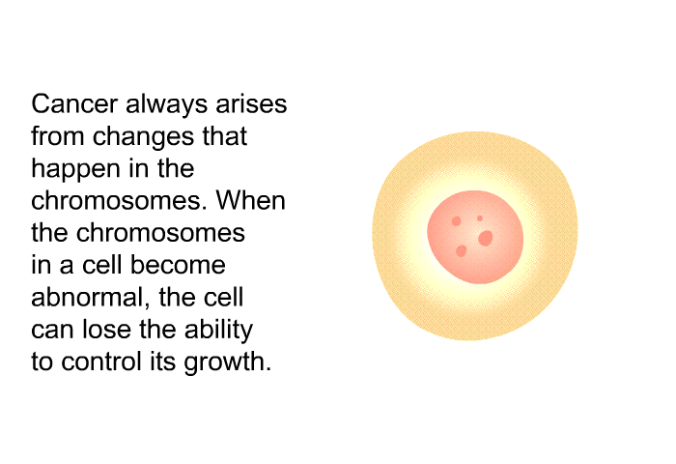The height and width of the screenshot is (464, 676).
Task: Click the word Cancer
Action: pos(74,104)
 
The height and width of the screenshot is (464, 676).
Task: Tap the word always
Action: pos(166,105)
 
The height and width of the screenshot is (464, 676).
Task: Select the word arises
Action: pos(251,104)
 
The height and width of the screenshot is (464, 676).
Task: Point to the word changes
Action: pos(144,137)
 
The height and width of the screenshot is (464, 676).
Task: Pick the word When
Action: pos(250,201)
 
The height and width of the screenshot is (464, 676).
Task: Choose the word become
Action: pos(178,265)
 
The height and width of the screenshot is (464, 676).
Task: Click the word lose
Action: pos(106,330)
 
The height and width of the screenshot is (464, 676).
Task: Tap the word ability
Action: pos(218,331)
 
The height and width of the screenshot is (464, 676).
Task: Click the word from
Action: pos(58,136)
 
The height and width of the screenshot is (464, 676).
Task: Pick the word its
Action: pos(162,362)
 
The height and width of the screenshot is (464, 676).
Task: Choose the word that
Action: pos(225,136)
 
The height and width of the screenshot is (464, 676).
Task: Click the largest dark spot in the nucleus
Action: pos(486,238)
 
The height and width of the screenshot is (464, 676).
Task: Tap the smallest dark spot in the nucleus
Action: pos(480,218)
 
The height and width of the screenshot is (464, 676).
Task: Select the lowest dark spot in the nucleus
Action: pos(462,250)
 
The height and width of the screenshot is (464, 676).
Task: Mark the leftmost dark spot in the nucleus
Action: pos(456,221)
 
